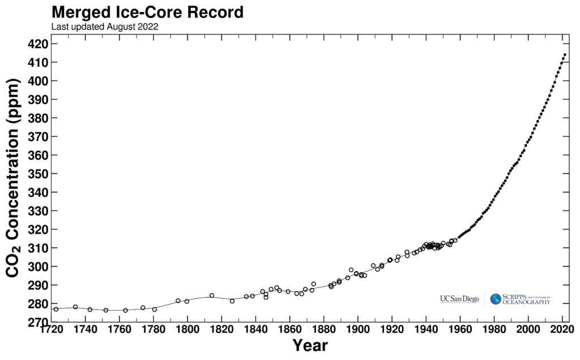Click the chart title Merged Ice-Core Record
coord(148,12)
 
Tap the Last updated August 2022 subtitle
coord(105,26)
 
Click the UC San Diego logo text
coord(459,299)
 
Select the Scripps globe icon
coord(496,299)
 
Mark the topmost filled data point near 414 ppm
coord(565,55)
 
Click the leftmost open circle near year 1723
coord(56,309)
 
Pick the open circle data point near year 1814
coord(212,295)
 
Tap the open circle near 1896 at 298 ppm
coord(351,270)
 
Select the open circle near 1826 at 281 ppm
coord(232,301)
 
